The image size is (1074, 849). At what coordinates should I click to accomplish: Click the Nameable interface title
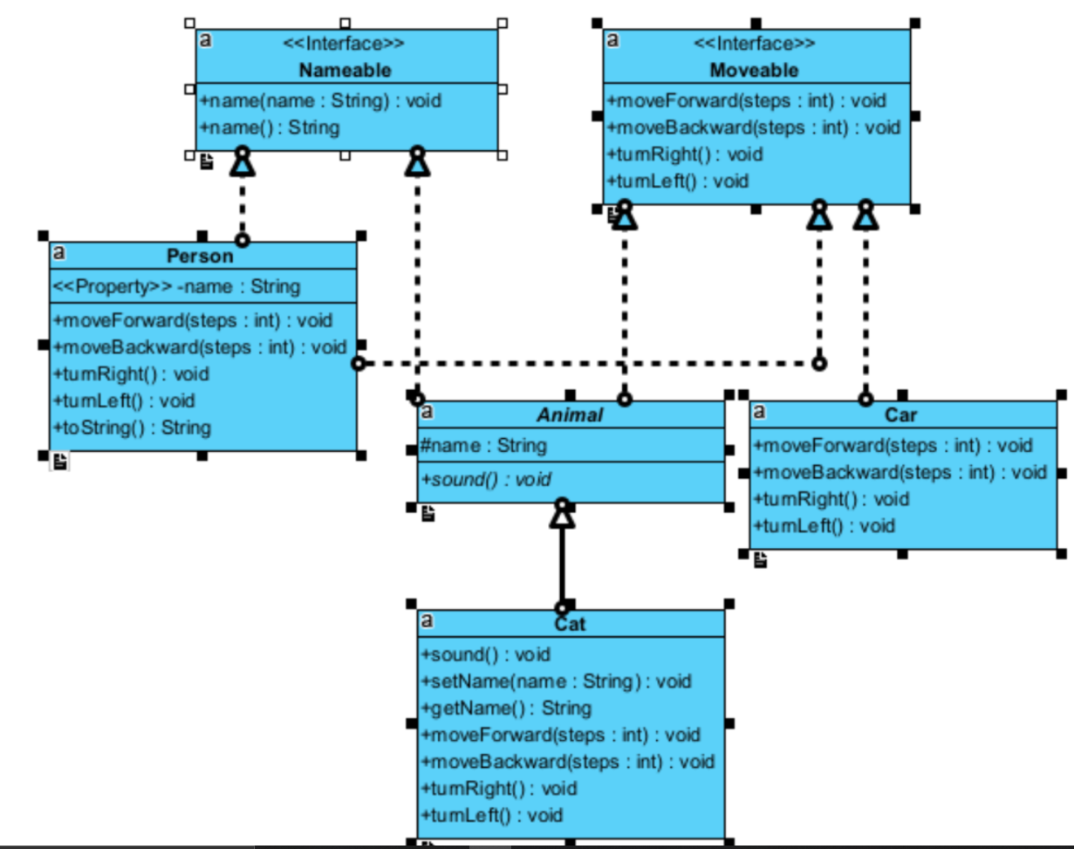345,70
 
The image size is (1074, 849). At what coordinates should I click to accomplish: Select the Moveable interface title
754,70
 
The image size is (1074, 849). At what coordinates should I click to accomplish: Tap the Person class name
200,256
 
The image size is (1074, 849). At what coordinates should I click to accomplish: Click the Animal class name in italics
570,415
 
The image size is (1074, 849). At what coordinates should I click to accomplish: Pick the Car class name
900,415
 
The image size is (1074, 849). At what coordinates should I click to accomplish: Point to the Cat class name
570,624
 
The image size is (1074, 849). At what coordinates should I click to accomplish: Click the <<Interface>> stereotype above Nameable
345,44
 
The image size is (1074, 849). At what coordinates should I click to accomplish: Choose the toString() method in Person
132,428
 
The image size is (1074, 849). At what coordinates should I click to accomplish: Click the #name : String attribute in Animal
483,446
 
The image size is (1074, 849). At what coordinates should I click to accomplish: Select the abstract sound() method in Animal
485,478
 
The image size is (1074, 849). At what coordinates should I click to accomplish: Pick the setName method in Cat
555,681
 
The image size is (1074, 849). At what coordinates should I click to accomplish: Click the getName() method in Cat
506,708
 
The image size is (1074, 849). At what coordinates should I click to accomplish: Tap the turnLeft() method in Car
824,526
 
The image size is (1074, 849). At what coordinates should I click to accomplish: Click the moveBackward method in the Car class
899,472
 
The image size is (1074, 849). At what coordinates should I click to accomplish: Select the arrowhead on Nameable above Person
242,163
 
